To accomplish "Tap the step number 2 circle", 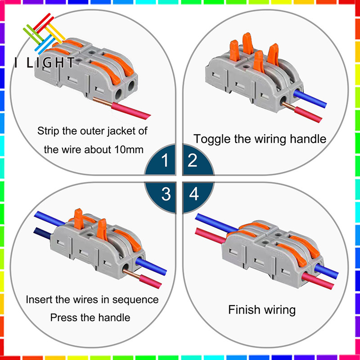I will point(193,160).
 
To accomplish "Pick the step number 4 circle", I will point(193,194).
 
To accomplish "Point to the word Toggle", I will point(211,139).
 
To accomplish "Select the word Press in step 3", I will point(63,317).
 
